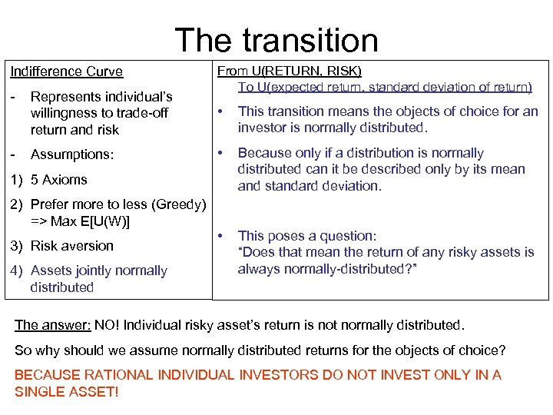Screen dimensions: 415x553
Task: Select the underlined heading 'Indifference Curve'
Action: click(x=66, y=71)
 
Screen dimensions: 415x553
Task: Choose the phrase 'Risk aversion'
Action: click(x=71, y=246)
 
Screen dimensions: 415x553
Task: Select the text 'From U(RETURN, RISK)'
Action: click(x=290, y=71)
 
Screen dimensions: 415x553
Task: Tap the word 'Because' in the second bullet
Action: click(x=261, y=153)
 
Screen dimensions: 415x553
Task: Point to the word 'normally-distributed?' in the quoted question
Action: click(x=355, y=268)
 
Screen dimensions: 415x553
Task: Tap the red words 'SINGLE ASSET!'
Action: click(x=68, y=391)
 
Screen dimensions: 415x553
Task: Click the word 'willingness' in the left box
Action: click(x=62, y=113)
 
